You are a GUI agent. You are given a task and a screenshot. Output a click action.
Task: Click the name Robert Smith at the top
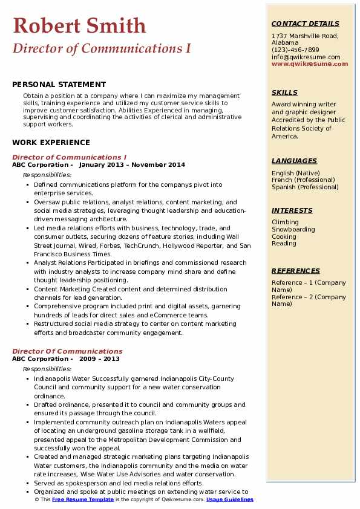click(x=79, y=25)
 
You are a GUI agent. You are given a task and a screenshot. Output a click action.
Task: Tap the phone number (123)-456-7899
click(x=295, y=50)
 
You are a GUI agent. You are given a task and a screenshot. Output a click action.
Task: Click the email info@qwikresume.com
click(x=306, y=57)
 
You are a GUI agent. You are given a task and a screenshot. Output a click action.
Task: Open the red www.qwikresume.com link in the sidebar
click(x=310, y=63)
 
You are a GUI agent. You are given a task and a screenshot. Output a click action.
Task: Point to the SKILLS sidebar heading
click(x=284, y=93)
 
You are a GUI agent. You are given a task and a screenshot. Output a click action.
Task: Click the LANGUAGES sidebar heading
click(x=294, y=161)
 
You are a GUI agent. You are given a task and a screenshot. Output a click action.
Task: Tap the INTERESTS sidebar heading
click(x=292, y=210)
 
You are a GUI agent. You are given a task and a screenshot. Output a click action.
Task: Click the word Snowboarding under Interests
click(x=293, y=230)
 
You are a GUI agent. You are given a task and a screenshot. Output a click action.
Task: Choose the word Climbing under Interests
click(x=286, y=222)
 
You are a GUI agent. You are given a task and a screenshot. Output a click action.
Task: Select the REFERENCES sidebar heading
click(x=296, y=271)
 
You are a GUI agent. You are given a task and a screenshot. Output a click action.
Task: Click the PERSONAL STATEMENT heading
click(x=59, y=85)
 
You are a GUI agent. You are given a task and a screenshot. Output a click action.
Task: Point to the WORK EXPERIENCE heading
click(x=51, y=143)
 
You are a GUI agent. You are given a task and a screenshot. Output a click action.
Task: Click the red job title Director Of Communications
click(x=67, y=351)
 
